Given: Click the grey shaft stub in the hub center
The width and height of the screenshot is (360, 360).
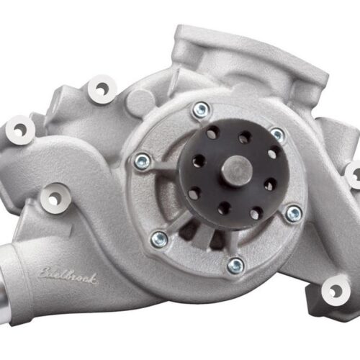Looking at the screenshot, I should click(235, 172).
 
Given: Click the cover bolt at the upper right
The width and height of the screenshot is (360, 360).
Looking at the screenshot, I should click(277, 135).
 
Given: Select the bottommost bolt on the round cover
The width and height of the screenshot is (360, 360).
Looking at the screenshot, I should click(235, 265).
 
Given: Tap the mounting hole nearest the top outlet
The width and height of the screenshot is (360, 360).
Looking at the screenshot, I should click(101, 89).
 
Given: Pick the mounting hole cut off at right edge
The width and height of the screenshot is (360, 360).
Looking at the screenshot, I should click(354, 175).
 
